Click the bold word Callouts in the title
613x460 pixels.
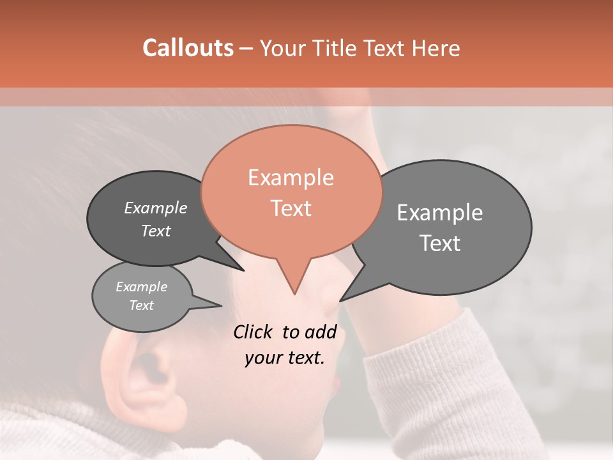click(188, 48)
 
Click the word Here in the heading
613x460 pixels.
click(436, 48)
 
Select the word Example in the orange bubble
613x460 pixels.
click(291, 178)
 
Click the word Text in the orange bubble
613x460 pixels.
click(291, 208)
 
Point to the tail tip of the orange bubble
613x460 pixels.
click(294, 294)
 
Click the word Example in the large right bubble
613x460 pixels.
click(439, 213)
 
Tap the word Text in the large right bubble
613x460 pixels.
click(439, 243)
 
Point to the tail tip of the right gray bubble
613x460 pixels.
click(340, 300)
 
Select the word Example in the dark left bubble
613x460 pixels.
click(155, 208)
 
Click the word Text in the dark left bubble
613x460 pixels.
click(155, 231)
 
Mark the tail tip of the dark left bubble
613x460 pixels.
click(243, 270)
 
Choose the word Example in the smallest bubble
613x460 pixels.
click(141, 287)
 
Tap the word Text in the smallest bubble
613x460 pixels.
click(141, 305)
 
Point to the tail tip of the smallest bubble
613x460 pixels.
click(221, 305)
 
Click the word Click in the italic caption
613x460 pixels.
click(254, 332)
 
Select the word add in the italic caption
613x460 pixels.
click(321, 332)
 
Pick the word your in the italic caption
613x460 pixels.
click(263, 358)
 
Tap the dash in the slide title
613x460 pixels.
click(246, 49)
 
